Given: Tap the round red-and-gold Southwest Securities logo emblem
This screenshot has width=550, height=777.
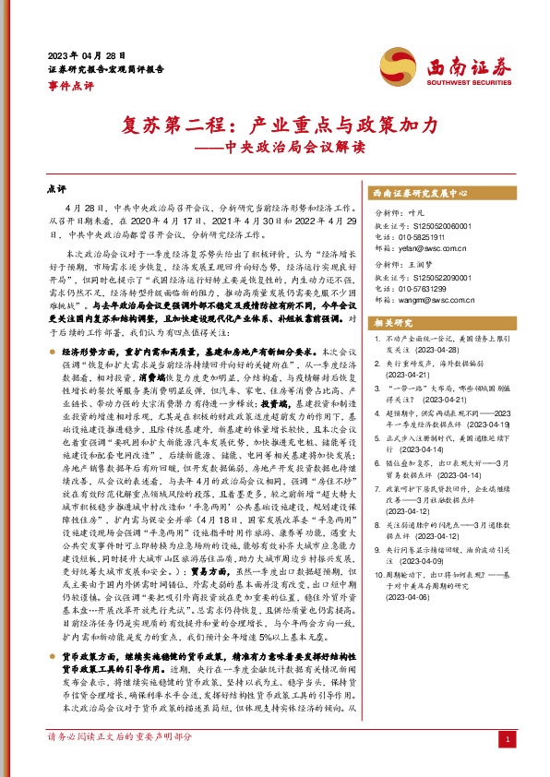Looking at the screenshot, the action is tap(400, 66).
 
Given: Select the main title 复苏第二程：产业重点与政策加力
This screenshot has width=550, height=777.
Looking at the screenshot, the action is tap(274, 125).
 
